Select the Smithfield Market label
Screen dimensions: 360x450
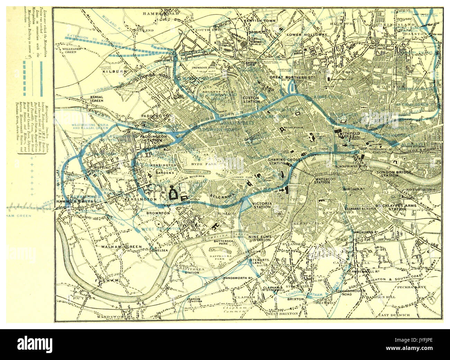(350, 135)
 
